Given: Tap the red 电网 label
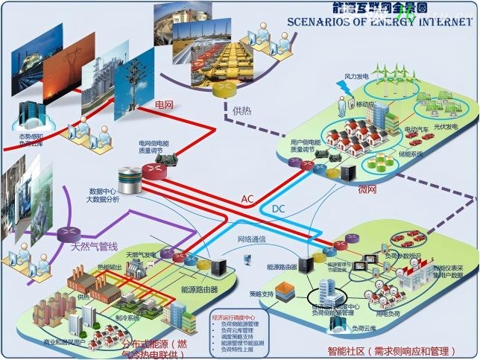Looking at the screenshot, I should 163,104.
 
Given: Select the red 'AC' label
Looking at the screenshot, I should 247,199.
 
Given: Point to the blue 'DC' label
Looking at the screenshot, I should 278,208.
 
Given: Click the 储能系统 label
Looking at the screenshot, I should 411,154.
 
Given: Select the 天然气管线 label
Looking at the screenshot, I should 95,246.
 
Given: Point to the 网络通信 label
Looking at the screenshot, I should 253,239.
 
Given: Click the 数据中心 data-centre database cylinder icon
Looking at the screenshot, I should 130,178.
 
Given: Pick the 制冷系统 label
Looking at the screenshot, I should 126,320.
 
